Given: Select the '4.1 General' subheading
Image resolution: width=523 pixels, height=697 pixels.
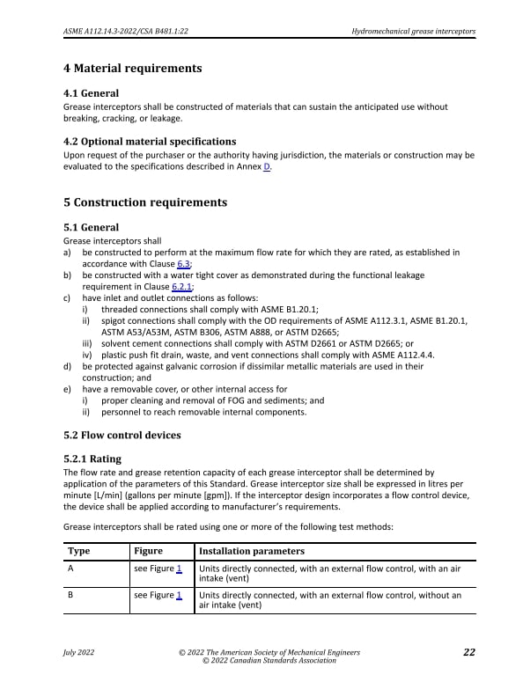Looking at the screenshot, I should click(92, 93).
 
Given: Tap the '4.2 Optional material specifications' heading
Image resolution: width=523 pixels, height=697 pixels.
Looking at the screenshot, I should click(150, 142).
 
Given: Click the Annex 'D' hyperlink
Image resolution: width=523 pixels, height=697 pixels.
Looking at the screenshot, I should click(267, 167).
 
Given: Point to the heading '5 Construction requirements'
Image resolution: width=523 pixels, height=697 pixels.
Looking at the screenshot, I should click(145, 202).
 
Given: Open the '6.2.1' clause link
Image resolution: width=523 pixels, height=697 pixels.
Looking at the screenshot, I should click(181, 286).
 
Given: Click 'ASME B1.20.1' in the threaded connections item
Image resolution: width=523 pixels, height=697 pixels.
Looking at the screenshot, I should click(289, 309).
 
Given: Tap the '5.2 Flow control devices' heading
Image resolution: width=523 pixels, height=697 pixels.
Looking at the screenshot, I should click(122, 435).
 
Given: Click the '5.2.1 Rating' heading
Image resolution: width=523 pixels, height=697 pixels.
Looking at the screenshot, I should click(92, 459).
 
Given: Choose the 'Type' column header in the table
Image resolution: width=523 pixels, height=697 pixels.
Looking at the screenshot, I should click(79, 552).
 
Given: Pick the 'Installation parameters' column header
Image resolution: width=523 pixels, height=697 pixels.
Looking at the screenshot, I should click(252, 552).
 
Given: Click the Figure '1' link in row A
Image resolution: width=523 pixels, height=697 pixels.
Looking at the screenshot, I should click(179, 569).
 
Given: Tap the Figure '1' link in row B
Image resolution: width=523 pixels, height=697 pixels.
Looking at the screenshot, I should click(179, 596).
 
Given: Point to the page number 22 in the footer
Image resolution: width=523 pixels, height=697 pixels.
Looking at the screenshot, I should click(468, 652).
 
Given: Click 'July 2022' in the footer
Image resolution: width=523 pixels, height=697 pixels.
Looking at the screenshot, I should click(79, 652).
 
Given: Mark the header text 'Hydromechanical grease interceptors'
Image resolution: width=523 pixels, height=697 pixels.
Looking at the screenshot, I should click(413, 32).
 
